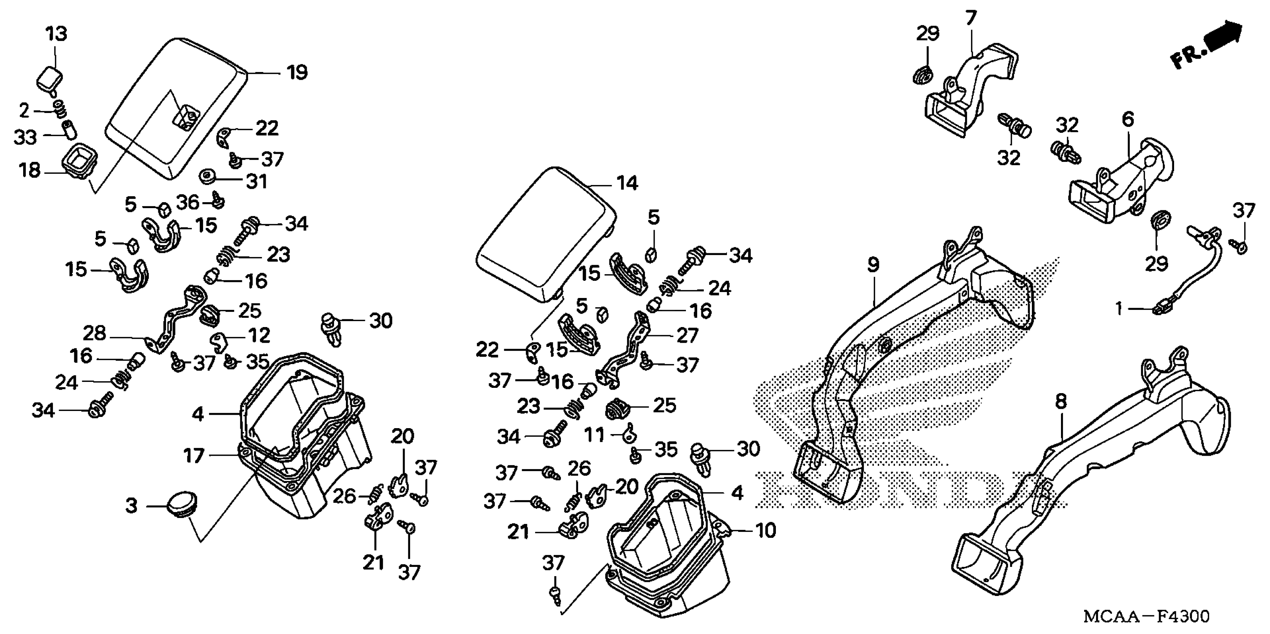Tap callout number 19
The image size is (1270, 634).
click(297, 73)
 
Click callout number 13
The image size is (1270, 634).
click(56, 34)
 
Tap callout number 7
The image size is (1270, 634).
click(970, 19)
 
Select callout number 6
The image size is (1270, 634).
click(1128, 119)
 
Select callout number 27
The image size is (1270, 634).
click(687, 336)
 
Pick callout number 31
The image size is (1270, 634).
click(256, 182)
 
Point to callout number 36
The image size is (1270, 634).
click(187, 203)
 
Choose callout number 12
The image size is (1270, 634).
click(259, 336)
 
